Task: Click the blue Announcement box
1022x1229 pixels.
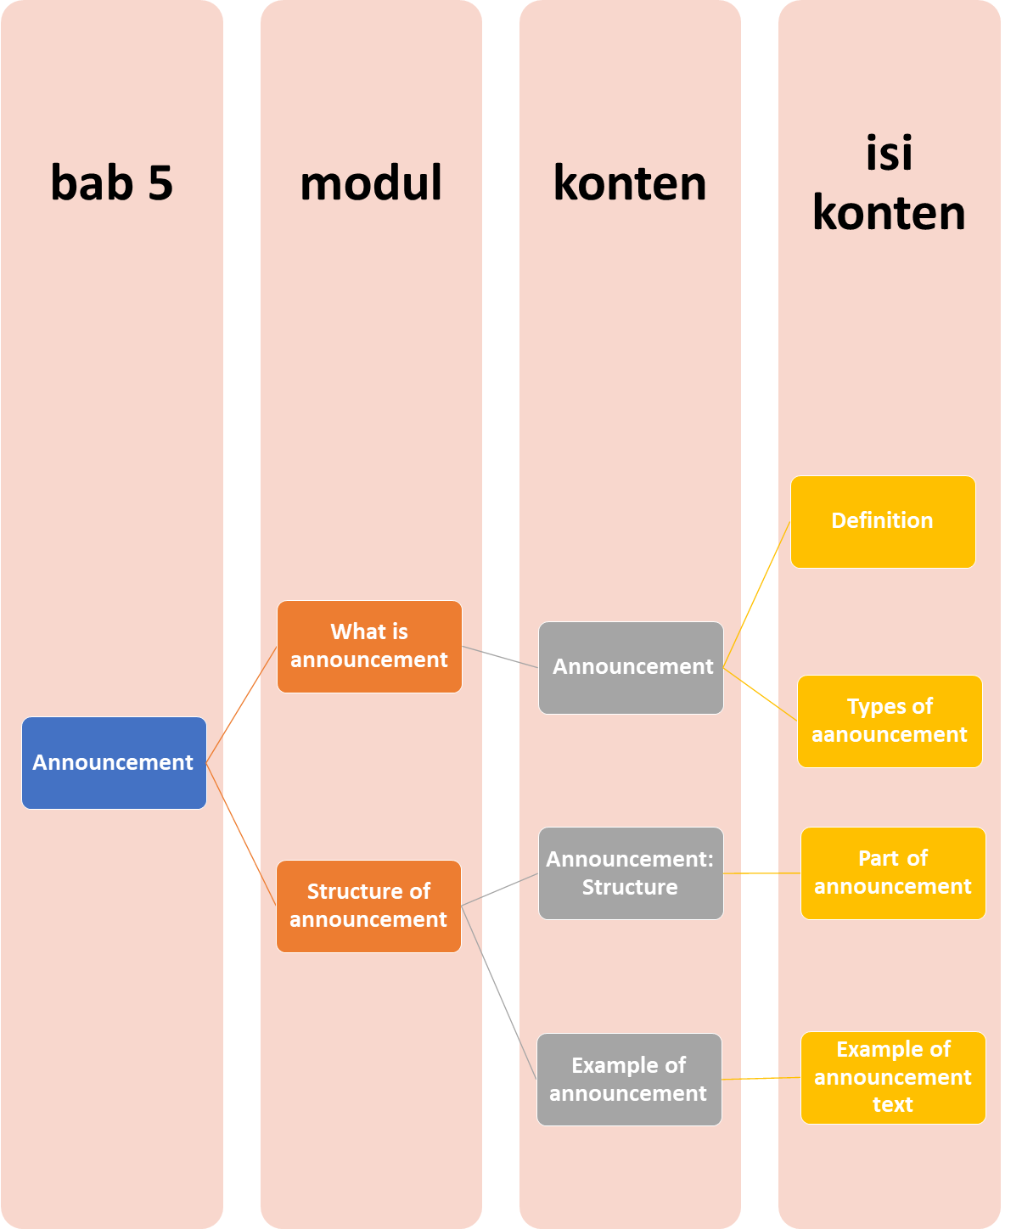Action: tap(114, 762)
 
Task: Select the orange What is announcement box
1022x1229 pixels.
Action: tap(369, 646)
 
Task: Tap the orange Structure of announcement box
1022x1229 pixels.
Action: tap(368, 906)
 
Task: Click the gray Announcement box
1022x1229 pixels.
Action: tap(631, 667)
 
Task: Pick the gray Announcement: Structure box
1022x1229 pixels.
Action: tap(631, 873)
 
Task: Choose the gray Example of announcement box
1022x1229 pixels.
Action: tap(629, 1079)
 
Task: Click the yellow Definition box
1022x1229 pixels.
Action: tap(883, 521)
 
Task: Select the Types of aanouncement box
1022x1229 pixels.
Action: tap(890, 721)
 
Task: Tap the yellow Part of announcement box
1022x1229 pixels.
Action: tap(893, 873)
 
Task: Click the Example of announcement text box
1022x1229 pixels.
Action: tap(893, 1077)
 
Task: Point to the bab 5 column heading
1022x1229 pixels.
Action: tap(111, 182)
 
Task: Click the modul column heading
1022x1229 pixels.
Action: tap(371, 182)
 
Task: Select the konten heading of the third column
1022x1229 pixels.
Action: tap(630, 182)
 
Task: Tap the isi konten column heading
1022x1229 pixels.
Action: tap(889, 182)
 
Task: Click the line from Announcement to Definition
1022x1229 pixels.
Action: tap(756, 595)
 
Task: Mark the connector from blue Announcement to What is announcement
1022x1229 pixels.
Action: tap(242, 704)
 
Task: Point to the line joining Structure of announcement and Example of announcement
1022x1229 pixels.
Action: tap(499, 993)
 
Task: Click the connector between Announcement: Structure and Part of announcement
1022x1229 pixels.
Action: tap(762, 873)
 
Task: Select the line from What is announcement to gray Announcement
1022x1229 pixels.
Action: tap(500, 657)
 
